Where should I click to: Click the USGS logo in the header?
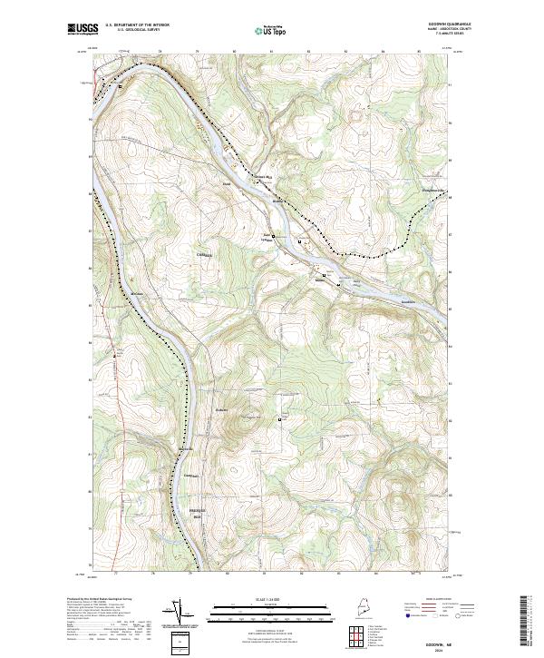[x=84, y=29]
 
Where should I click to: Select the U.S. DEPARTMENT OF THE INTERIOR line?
[x=137, y=25]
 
